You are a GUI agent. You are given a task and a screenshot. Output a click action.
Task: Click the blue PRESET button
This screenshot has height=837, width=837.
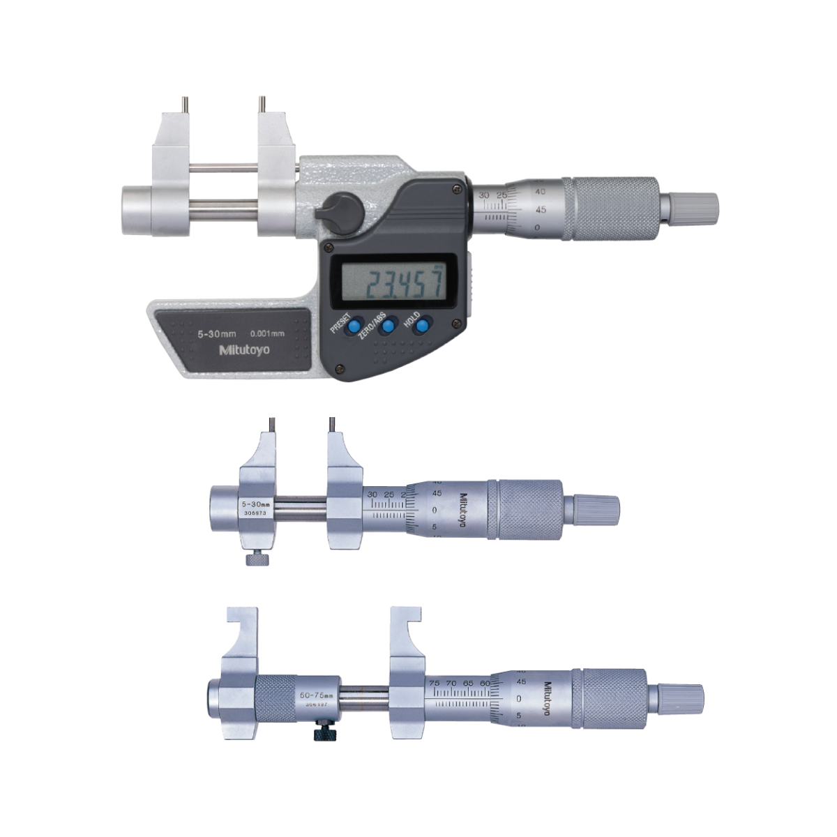tap(355, 326)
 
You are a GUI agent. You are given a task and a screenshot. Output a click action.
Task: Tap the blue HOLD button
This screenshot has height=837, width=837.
tap(423, 326)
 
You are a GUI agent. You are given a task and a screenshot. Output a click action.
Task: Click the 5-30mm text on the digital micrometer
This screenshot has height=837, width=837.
tap(209, 334)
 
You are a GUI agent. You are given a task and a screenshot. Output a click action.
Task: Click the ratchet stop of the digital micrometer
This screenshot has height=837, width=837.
tap(695, 206)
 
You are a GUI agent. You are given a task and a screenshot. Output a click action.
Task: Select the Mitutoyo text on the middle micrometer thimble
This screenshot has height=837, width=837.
tap(462, 511)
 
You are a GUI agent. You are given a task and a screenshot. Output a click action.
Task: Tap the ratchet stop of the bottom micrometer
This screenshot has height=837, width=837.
tap(680, 697)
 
